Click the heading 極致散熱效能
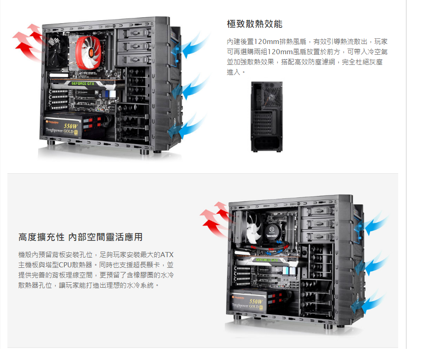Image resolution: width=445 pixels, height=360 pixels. click(x=254, y=24)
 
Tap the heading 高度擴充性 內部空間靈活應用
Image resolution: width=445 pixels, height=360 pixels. click(x=80, y=237)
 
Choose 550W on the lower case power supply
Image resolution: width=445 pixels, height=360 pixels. click(x=255, y=302)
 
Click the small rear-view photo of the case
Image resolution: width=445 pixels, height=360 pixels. click(x=267, y=117)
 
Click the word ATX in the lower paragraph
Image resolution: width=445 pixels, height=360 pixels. click(x=167, y=255)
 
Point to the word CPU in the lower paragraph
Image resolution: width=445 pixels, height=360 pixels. click(x=65, y=265)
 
